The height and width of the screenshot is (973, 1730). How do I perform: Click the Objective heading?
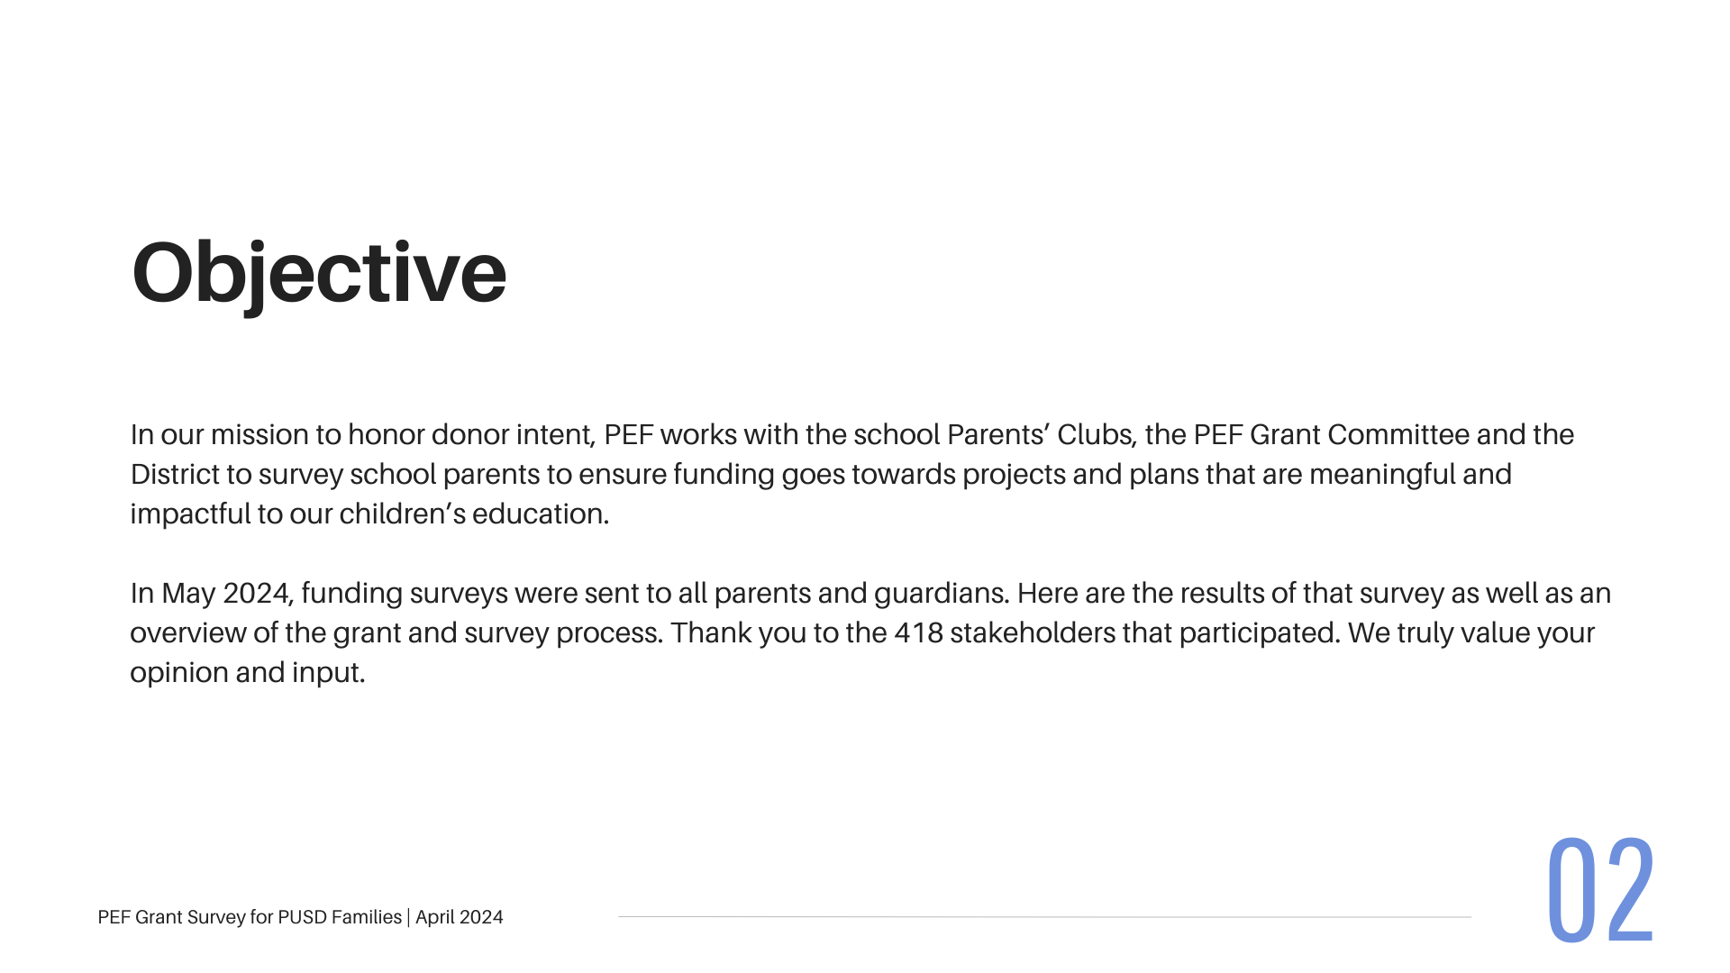click(x=319, y=273)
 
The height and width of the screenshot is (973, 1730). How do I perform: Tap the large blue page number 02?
click(x=1600, y=890)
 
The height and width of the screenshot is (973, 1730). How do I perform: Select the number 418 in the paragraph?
click(x=918, y=632)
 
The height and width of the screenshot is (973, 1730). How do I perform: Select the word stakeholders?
click(x=1033, y=632)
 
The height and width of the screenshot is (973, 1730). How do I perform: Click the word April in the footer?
click(x=434, y=918)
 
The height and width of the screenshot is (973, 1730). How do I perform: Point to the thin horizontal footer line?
click(x=1044, y=917)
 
